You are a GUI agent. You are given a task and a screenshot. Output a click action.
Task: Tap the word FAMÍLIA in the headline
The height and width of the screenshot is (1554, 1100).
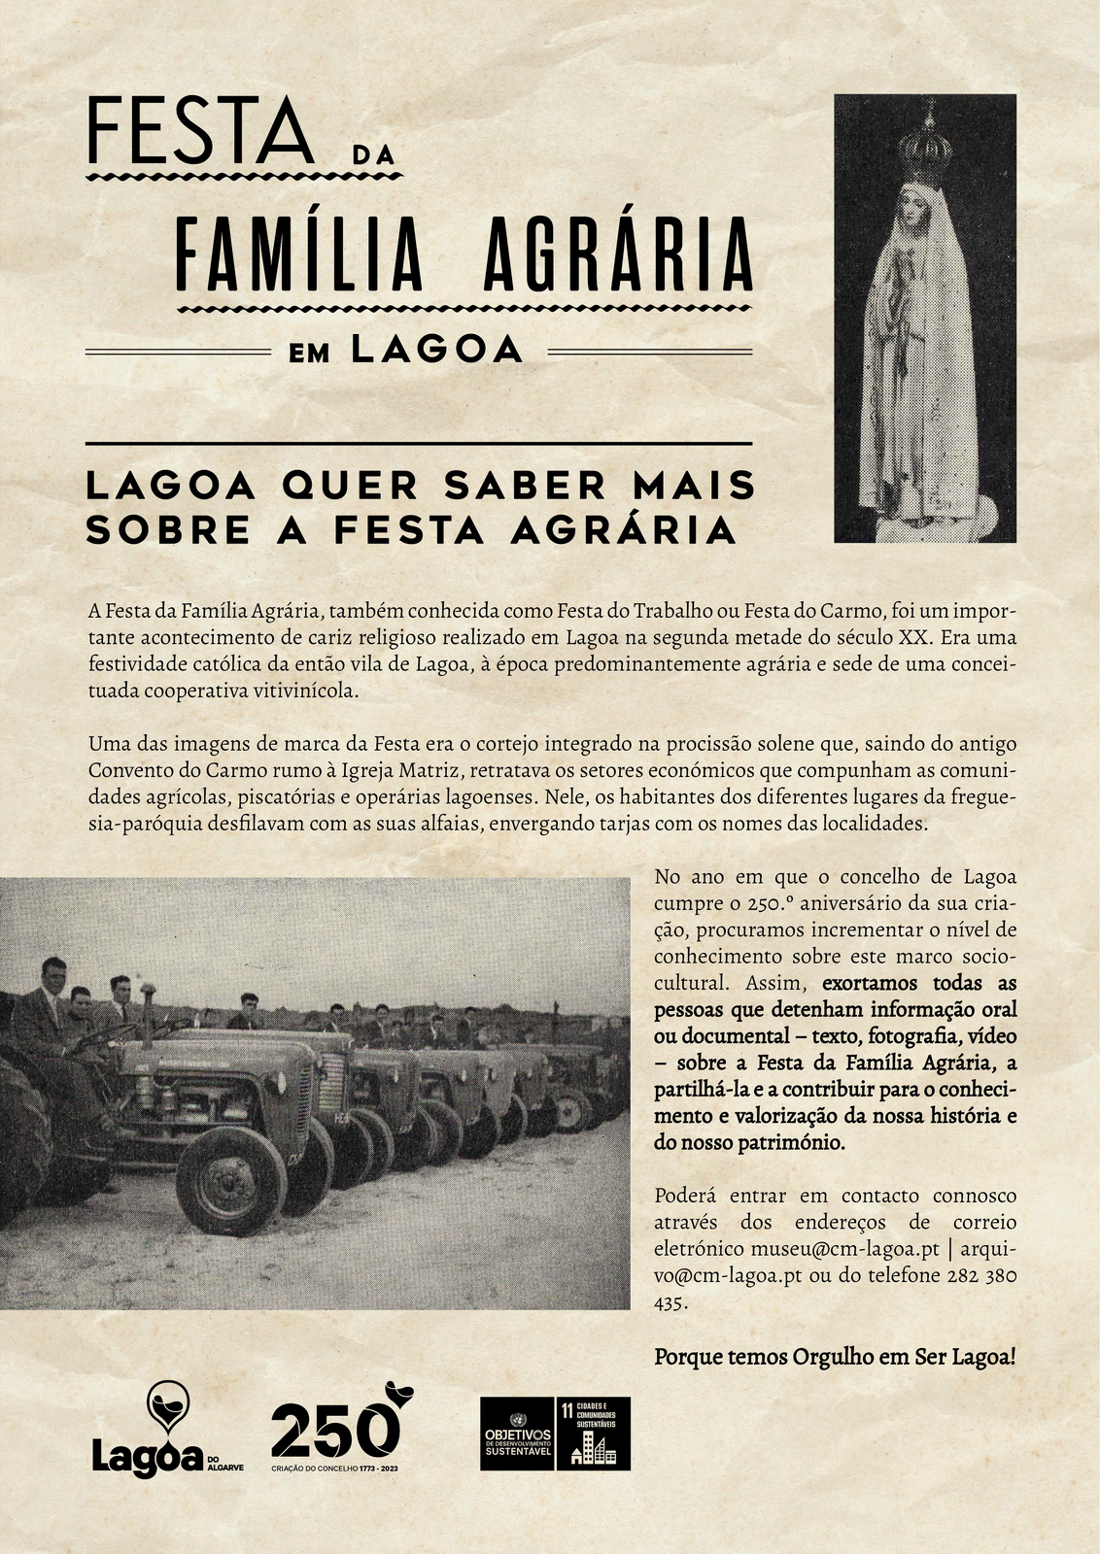point(299,254)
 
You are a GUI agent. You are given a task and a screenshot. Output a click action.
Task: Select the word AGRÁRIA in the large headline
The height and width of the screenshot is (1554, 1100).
point(618,254)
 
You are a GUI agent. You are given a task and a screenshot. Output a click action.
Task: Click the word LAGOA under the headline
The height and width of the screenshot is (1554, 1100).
point(437,350)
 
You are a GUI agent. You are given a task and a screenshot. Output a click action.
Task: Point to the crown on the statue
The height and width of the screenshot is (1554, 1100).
point(924,146)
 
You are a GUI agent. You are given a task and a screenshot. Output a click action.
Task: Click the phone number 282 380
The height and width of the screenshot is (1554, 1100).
point(981,1275)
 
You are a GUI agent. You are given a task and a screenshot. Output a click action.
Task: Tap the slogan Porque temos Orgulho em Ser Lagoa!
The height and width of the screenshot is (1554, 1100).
point(835,1356)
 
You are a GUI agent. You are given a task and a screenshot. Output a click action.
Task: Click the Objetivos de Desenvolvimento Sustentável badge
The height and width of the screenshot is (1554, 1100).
point(518,1434)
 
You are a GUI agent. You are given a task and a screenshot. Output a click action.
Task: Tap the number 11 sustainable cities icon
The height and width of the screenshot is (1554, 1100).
point(593,1434)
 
